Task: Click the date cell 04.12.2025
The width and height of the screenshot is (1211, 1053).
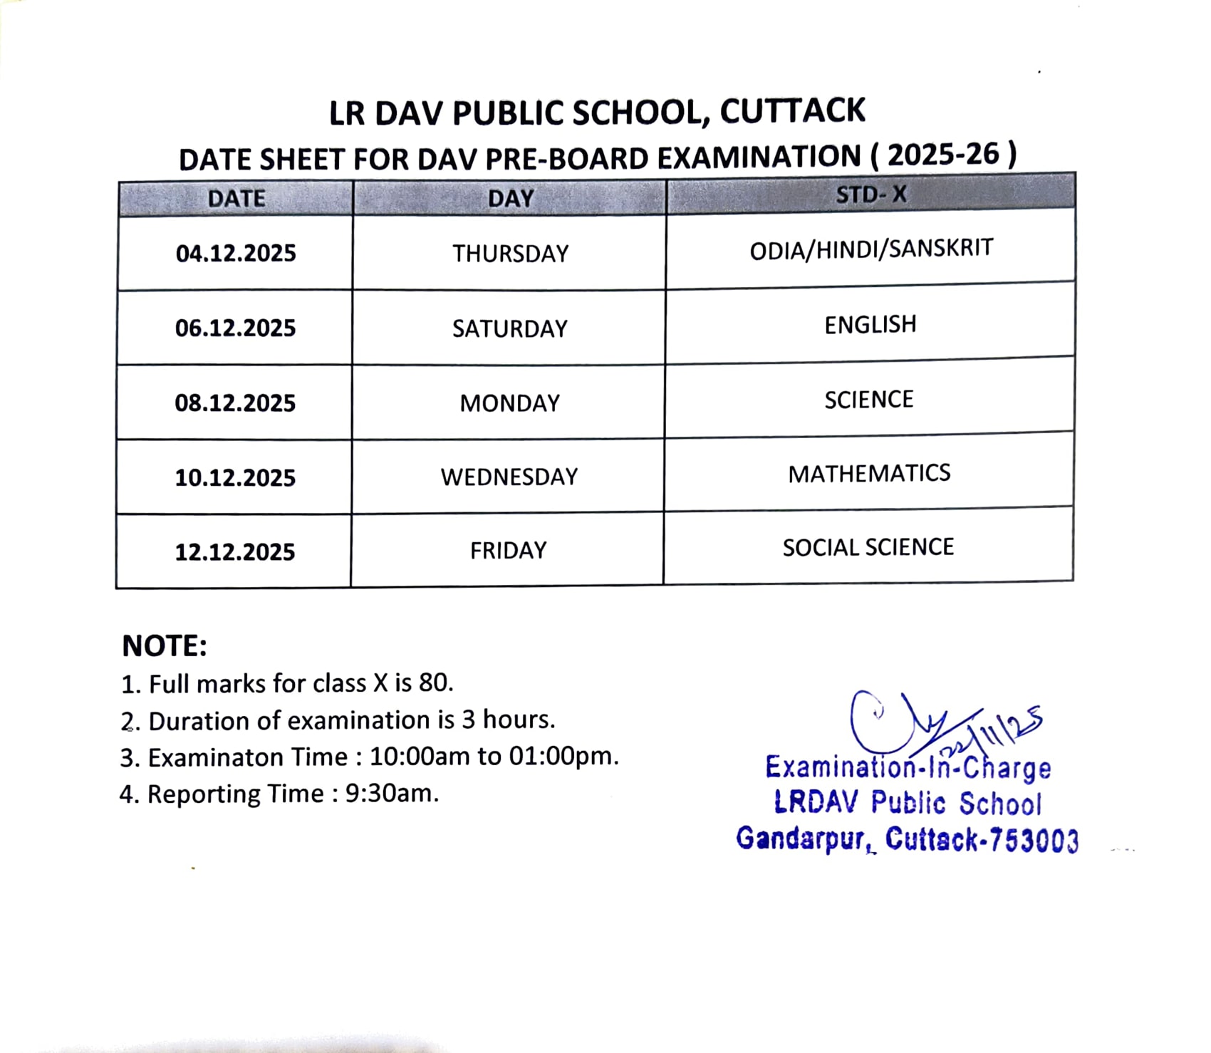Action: (x=236, y=254)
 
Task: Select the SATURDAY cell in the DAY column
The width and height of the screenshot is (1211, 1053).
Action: (x=510, y=328)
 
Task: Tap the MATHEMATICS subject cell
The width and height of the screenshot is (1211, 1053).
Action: (x=869, y=474)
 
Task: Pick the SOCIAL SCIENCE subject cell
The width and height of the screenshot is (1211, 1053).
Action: (x=868, y=547)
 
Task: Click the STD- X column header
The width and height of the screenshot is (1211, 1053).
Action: (x=870, y=194)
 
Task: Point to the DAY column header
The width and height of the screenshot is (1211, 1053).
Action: (x=511, y=198)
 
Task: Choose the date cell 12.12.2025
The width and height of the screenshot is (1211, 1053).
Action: (x=235, y=552)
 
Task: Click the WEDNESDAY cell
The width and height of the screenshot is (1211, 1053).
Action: (x=509, y=477)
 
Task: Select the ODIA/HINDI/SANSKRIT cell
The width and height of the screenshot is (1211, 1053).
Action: (x=871, y=249)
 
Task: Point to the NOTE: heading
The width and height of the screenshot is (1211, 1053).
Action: (x=165, y=646)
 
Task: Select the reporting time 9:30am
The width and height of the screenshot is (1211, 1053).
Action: (x=392, y=793)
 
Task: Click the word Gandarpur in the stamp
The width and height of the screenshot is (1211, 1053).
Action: (x=802, y=839)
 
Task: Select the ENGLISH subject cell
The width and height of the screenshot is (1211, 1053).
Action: (x=870, y=325)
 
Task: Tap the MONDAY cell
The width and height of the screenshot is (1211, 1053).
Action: (x=510, y=403)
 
